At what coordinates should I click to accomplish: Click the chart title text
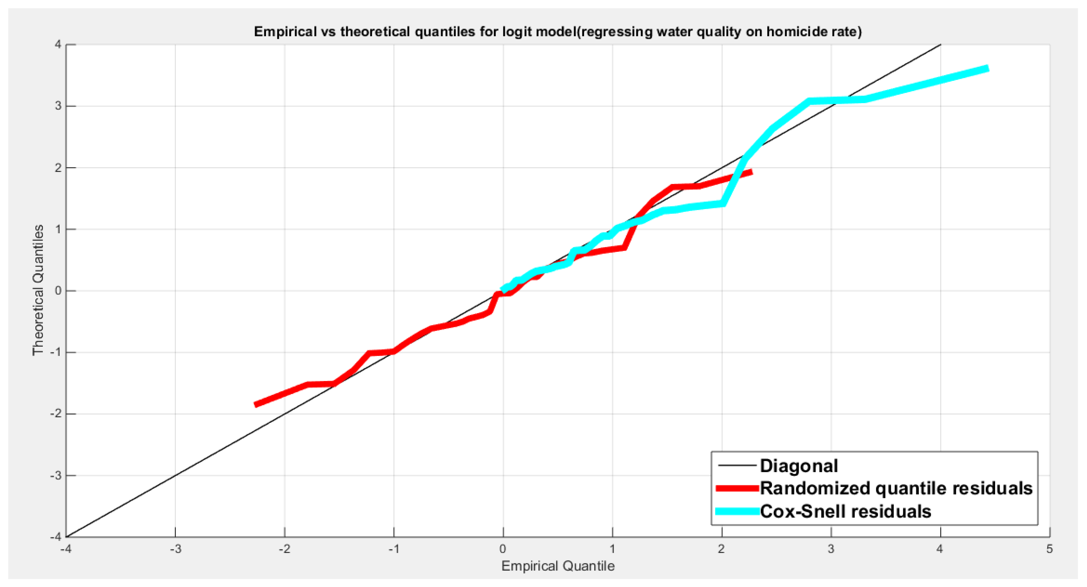558,32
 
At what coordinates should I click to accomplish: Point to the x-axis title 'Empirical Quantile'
558,566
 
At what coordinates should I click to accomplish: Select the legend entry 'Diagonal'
799,466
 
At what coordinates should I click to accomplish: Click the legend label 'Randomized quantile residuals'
896,488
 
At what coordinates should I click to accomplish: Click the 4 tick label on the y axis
58,44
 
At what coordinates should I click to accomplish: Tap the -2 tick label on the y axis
56,414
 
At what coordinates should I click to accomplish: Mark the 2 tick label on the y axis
58,167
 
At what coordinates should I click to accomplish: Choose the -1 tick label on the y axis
56,352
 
